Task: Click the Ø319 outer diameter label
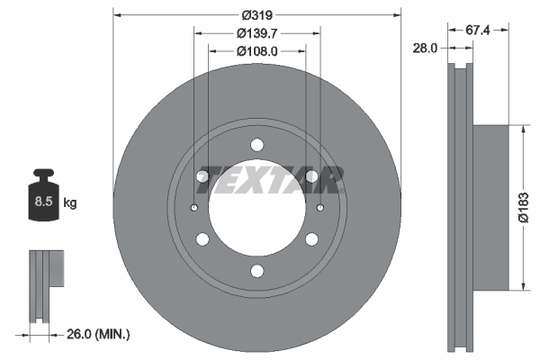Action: click(x=256, y=14)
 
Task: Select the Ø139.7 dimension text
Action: click(x=256, y=33)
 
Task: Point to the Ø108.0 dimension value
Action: click(x=256, y=51)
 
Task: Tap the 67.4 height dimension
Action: click(x=478, y=31)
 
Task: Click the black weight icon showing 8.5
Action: click(x=42, y=195)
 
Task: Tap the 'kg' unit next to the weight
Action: click(x=70, y=203)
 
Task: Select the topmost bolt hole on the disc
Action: click(x=257, y=145)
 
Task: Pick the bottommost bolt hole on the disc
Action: click(x=257, y=271)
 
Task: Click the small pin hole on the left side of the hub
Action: click(x=195, y=208)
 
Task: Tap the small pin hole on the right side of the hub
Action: click(x=320, y=208)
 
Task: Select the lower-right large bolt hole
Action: click(x=311, y=239)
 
